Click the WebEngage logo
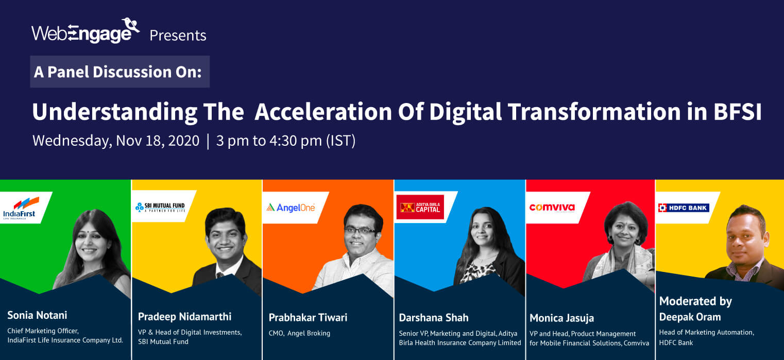tap(86, 32)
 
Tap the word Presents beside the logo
tap(178, 36)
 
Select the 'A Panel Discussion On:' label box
tap(120, 72)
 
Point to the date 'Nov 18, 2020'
tap(157, 141)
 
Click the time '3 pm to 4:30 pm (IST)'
tap(286, 141)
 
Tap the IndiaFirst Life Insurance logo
tap(21, 208)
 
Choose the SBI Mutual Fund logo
tap(160, 207)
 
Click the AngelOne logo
tap(291, 207)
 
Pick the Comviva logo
tap(552, 208)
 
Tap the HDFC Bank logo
tap(684, 208)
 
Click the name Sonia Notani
tap(37, 315)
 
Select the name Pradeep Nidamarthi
tap(184, 316)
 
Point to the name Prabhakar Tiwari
tap(308, 317)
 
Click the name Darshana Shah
tap(434, 317)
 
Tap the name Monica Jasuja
tap(562, 318)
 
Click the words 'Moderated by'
tap(695, 301)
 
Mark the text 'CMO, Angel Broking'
tap(299, 333)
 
